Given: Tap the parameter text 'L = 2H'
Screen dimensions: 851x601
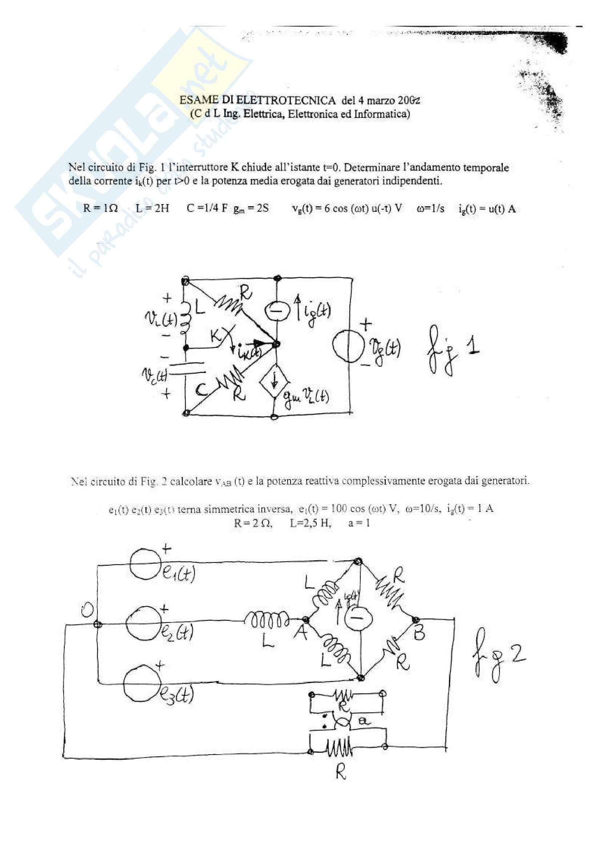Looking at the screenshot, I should click(152, 208).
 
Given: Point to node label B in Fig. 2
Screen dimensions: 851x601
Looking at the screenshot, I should click(419, 634).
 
